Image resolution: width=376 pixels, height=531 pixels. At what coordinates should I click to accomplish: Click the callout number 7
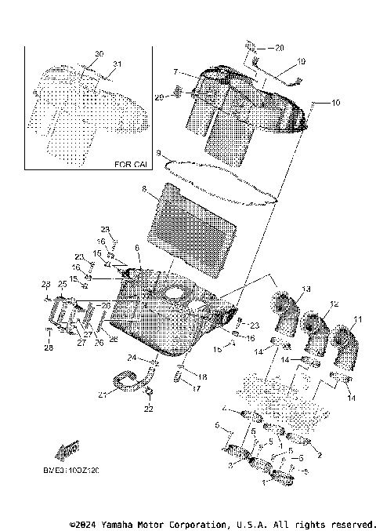(x=176, y=71)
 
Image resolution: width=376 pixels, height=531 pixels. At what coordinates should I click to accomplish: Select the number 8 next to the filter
(x=143, y=189)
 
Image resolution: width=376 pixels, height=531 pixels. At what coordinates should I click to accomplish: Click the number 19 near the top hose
(x=301, y=61)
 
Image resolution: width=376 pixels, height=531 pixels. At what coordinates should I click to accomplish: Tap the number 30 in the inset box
(x=99, y=53)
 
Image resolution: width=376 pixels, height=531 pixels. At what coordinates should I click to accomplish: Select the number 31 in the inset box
(x=117, y=64)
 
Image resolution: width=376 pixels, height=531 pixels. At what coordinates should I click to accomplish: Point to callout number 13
(x=305, y=289)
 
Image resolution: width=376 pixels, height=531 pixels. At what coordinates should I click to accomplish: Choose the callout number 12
(x=334, y=304)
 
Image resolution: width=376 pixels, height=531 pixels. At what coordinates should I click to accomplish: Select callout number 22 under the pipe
(x=149, y=409)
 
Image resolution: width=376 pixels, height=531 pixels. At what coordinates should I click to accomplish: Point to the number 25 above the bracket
(x=62, y=284)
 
